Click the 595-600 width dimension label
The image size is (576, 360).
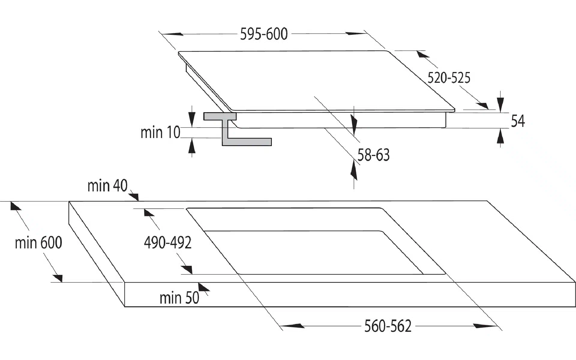click(264, 34)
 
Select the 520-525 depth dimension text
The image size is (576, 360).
click(448, 78)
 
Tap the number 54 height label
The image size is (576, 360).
click(518, 121)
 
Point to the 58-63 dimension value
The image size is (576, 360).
click(373, 155)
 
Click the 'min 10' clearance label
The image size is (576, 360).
click(160, 132)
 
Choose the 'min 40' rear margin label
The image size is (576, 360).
click(107, 186)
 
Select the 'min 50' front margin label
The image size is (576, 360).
click(179, 298)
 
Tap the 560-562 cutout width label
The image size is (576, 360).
click(388, 326)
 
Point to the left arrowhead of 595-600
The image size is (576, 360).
click(175, 34)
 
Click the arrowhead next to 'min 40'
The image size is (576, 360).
click(134, 197)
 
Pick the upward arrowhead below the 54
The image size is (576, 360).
click(500, 138)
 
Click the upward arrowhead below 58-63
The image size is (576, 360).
click(354, 171)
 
